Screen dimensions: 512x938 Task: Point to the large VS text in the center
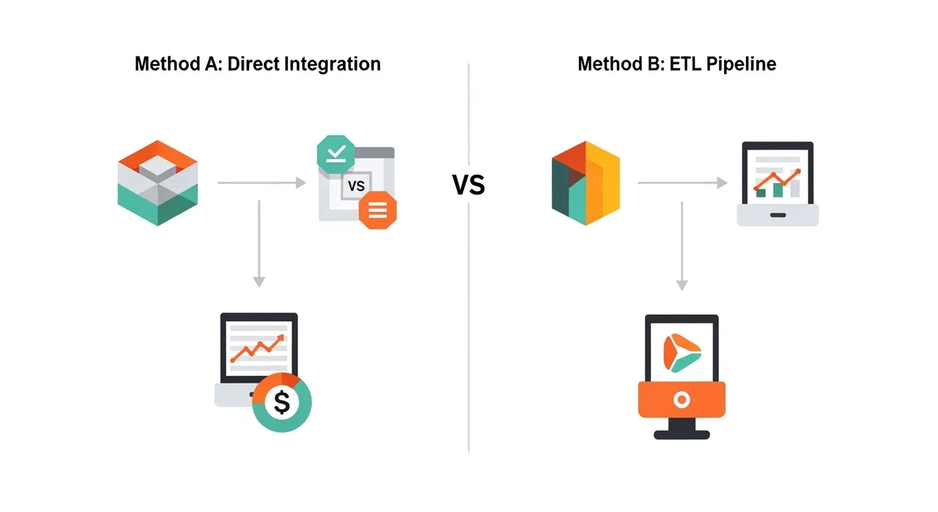point(468,186)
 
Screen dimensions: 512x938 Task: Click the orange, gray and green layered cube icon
point(158,183)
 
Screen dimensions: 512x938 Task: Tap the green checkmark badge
point(336,153)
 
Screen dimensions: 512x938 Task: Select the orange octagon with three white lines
point(377,211)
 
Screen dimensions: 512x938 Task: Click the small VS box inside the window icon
point(356,186)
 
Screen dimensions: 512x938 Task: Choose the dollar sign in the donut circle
point(282,402)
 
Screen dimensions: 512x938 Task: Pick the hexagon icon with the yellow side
point(586,183)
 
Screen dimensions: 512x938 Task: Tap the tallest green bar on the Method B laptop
point(778,189)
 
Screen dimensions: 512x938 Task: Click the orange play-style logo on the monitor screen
point(681,350)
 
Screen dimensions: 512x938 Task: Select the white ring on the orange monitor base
point(682,400)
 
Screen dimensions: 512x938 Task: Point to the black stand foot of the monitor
point(682,434)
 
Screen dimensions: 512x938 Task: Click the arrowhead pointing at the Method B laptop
point(723,183)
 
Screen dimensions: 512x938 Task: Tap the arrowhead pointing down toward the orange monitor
point(682,285)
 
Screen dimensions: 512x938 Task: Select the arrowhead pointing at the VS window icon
point(300,183)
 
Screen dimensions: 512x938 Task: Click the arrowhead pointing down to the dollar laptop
point(258,281)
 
